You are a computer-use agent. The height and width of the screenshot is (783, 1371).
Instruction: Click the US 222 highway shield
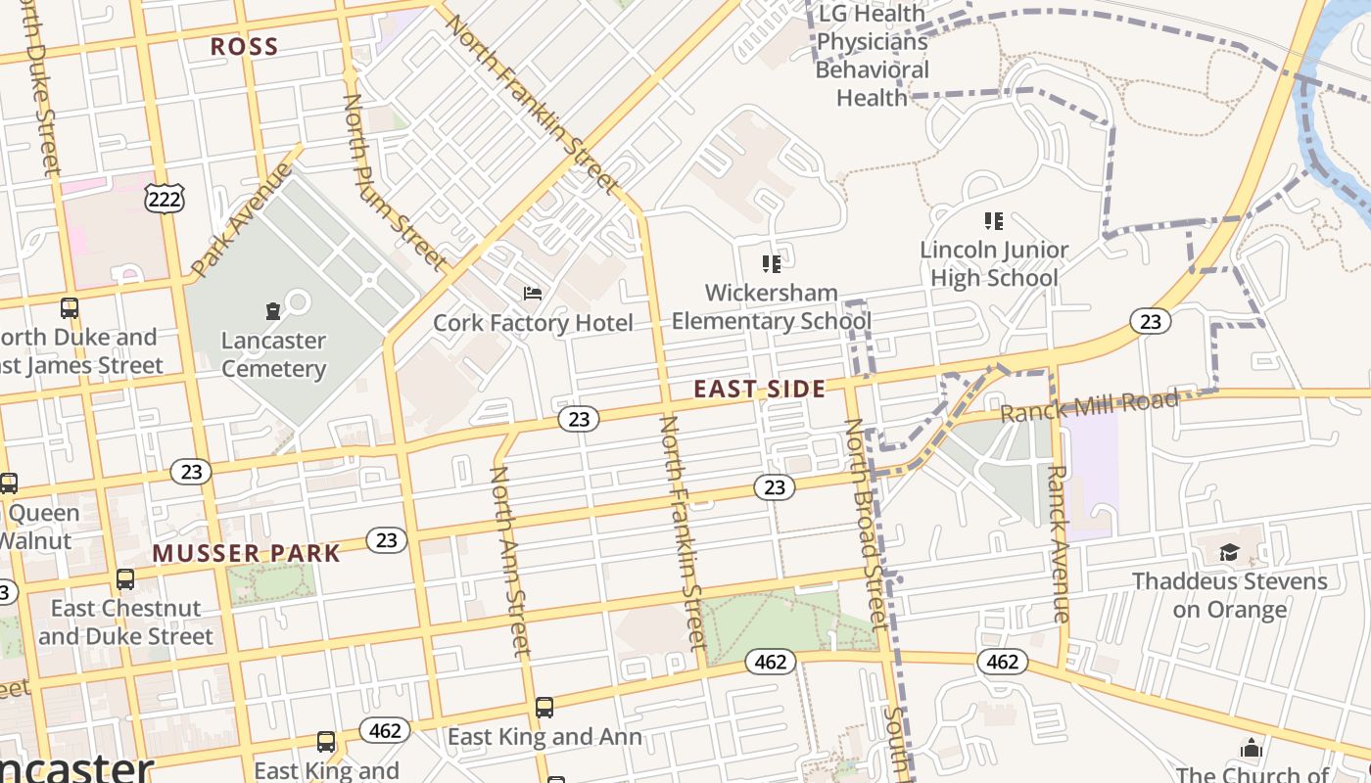pyautogui.click(x=164, y=199)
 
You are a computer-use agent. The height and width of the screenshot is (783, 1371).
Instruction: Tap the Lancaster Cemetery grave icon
pyautogui.click(x=273, y=311)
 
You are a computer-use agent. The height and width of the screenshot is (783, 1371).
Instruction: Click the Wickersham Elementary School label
pyautogui.click(x=772, y=306)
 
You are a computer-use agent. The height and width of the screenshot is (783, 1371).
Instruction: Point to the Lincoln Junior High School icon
pyautogui.click(x=994, y=221)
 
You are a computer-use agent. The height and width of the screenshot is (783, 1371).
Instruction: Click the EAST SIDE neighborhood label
pyautogui.click(x=760, y=389)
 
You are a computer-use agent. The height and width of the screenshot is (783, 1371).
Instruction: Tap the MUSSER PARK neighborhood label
pyautogui.click(x=246, y=553)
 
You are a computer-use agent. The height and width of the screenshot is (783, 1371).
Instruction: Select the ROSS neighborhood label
pyautogui.click(x=245, y=46)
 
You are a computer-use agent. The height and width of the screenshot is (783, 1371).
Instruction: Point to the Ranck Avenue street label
pyautogui.click(x=1058, y=543)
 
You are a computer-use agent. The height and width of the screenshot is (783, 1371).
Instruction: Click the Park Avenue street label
pyautogui.click(x=241, y=219)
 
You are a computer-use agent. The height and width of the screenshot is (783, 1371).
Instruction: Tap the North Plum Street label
pyautogui.click(x=393, y=181)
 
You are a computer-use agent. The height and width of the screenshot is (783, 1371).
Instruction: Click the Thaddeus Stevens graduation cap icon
pyautogui.click(x=1229, y=552)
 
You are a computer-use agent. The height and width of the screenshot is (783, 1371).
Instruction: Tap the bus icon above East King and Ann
pyautogui.click(x=544, y=707)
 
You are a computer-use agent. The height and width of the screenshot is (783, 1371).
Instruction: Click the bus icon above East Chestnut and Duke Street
pyautogui.click(x=125, y=578)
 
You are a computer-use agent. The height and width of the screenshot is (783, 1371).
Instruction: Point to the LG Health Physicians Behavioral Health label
pyautogui.click(x=872, y=56)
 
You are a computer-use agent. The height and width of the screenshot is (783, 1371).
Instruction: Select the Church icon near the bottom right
pyautogui.click(x=1251, y=749)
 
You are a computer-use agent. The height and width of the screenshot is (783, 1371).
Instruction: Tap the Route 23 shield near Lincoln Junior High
pyautogui.click(x=1151, y=320)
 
